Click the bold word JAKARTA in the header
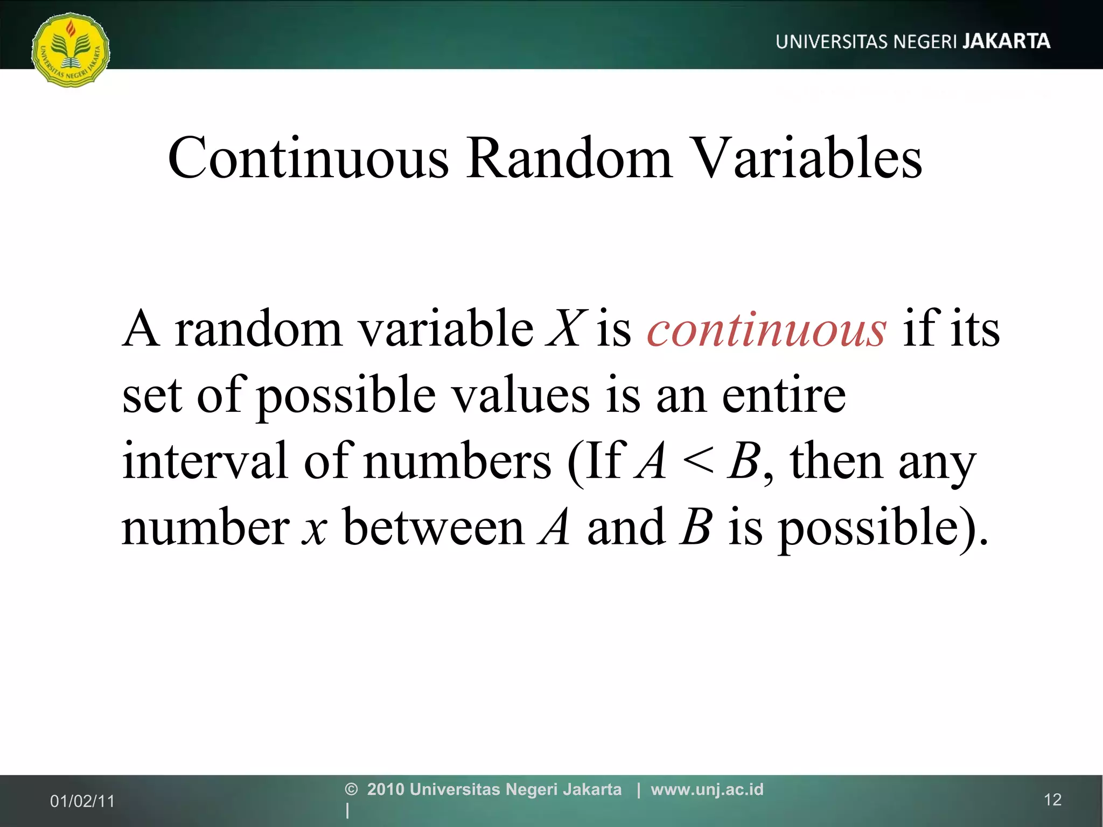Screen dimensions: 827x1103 1006,41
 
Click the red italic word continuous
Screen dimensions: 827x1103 766,329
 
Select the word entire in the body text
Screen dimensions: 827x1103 784,395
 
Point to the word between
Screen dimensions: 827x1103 433,527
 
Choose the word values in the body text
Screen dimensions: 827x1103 520,395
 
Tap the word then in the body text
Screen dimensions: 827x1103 836,461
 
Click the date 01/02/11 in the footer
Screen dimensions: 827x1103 82,801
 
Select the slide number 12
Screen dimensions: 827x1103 1052,800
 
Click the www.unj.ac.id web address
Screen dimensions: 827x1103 707,789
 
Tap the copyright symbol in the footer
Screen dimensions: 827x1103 351,789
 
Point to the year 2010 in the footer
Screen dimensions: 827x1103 386,789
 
